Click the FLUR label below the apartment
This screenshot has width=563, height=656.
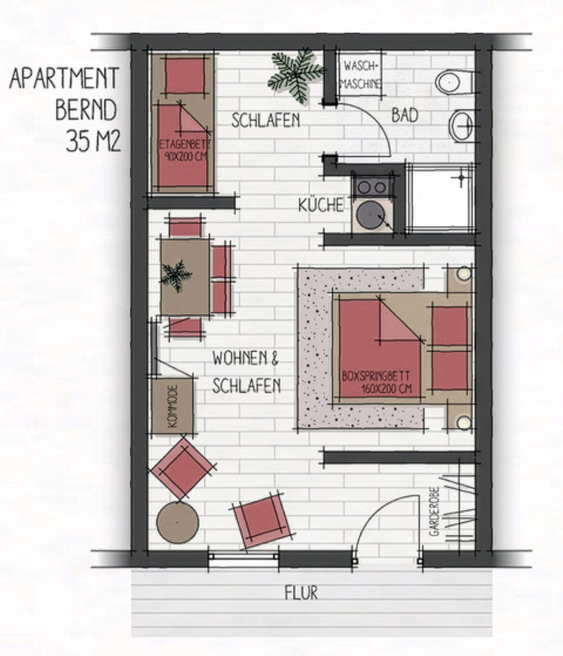click(301, 593)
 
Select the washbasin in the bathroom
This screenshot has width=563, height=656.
click(462, 126)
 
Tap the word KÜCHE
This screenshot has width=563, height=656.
click(321, 205)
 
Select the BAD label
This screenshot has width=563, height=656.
click(405, 115)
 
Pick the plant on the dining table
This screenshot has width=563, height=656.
click(177, 275)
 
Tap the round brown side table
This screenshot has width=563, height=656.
click(178, 522)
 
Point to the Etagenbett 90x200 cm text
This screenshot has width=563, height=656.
click(184, 151)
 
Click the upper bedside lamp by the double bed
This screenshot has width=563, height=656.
click(463, 274)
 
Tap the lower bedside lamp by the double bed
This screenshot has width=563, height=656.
click(463, 422)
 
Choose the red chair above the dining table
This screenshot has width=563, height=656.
click(185, 226)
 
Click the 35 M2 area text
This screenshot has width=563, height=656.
click(93, 142)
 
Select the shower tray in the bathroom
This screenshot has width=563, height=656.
click(441, 197)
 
